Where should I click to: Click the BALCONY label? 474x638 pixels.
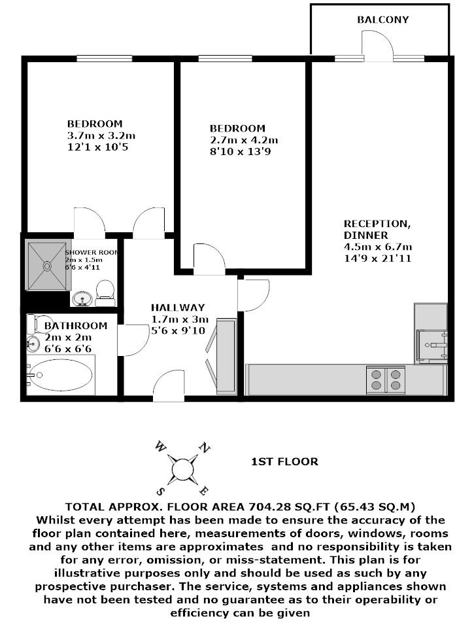click(x=382, y=20)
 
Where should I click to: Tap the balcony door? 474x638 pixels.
click(x=378, y=46)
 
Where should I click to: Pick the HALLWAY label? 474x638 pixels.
click(x=177, y=307)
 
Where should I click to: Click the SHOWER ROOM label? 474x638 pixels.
click(x=91, y=252)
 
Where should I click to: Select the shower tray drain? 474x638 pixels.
click(x=46, y=266)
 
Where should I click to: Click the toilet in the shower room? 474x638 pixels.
click(x=105, y=292)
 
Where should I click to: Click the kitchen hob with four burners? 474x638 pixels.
click(x=386, y=380)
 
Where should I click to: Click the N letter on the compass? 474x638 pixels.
click(x=204, y=448)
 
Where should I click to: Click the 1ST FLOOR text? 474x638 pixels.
click(x=284, y=462)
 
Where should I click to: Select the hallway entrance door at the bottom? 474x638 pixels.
click(x=169, y=385)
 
